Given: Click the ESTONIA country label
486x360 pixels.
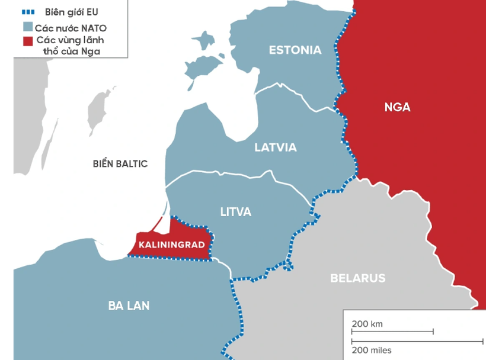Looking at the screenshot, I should pos(295,50).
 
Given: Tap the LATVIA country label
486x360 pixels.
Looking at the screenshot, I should pos(275,147).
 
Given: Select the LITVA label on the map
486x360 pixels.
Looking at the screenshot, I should pos(236,212).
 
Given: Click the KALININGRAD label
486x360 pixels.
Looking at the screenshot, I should pos(171,245).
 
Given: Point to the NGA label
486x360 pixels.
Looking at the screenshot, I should pos(397,107).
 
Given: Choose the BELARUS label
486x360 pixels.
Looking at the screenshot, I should pos(357,278).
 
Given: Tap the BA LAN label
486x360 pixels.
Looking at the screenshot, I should pos(129,306).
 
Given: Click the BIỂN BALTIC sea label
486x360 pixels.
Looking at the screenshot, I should pos(120,164).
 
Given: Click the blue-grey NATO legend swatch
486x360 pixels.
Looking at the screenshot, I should pos(27,28).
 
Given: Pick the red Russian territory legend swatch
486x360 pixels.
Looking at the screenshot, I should pos(27,41).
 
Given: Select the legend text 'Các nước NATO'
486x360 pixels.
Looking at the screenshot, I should pos(71,28).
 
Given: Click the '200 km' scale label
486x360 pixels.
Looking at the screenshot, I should pos(367,324).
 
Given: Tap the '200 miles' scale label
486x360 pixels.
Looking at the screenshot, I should pos(371,350).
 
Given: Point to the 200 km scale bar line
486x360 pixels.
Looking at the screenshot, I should pos(392,332).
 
